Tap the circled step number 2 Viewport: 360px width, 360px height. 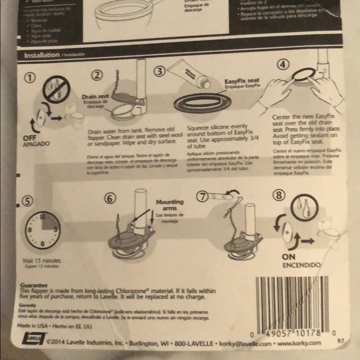pos(97,76)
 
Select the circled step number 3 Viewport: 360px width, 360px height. pos(160,71)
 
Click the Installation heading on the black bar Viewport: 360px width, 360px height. pos(42,55)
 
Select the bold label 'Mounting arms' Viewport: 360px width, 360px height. pos(169,206)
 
